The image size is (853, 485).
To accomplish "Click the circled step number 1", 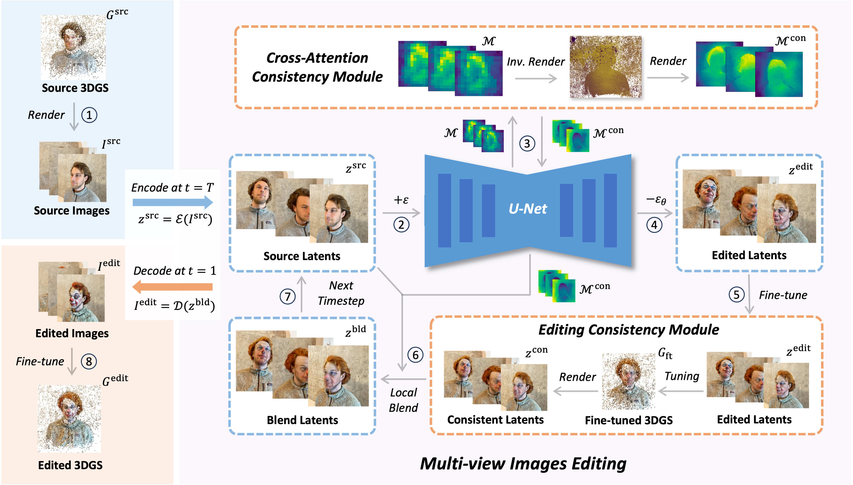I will coord(89,115).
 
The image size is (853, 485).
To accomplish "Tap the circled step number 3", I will coord(527,144).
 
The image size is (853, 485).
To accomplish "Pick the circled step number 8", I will coord(89,361).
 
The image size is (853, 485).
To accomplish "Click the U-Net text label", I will coord(528,209).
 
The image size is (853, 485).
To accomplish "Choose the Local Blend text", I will coord(403,400).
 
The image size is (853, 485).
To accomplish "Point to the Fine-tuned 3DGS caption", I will coord(628,420).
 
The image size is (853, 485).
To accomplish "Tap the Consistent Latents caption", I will coord(495,420).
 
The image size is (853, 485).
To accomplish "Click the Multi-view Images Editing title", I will coord(523,464).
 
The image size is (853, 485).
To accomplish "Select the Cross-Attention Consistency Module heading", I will coord(317,67).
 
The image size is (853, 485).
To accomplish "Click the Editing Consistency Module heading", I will coord(628,330).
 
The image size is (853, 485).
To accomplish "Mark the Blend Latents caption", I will coord(302,420).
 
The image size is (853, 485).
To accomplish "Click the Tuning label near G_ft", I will coord(682,376).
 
